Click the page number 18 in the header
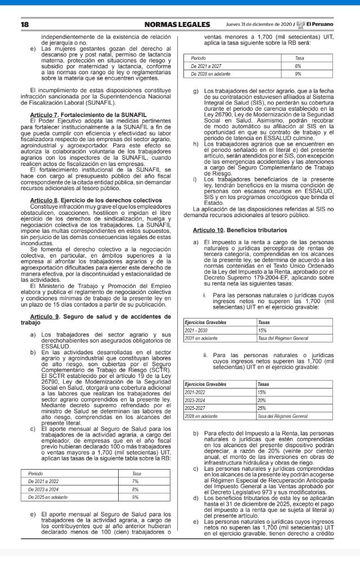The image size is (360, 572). tap(25, 24)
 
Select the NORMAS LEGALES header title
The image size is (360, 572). tap(177, 24)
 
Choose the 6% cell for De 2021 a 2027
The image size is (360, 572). tap(298, 66)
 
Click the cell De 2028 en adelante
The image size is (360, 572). tap(215, 74)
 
